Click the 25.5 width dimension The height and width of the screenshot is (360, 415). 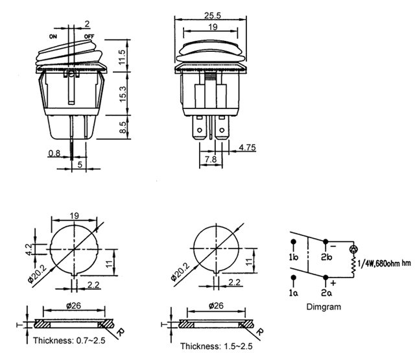213,16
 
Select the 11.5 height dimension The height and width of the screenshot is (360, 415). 122,56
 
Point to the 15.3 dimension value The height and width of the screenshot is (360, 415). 123,94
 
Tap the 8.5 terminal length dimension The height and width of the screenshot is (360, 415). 123,127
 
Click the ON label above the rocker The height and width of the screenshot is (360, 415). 53,36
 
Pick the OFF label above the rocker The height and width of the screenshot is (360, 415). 89,36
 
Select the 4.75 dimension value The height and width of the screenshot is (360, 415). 248,147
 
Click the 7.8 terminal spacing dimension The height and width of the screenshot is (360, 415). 211,159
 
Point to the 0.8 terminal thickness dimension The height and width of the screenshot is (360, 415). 54,153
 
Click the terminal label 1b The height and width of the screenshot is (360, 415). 294,257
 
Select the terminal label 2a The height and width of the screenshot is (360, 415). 327,293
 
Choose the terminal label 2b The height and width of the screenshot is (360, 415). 327,257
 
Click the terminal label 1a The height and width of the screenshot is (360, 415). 294,293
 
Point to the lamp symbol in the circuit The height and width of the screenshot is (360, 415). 353,249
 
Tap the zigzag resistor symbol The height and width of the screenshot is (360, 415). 353,267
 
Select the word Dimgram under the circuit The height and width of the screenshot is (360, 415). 324,307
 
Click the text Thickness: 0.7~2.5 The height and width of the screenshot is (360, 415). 69,340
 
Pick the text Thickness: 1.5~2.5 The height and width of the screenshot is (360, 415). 216,346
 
